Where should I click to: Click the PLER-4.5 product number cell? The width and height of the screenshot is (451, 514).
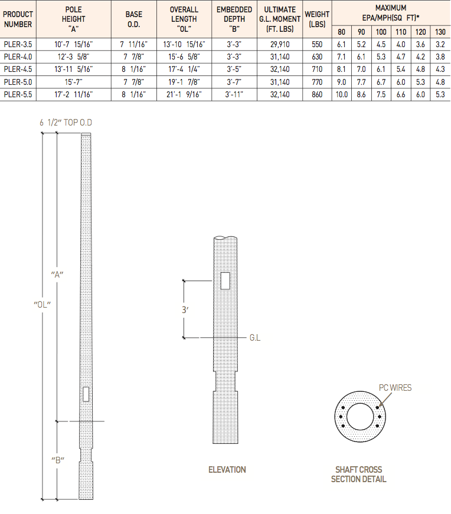[18, 69]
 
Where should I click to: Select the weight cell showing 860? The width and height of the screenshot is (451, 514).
[317, 94]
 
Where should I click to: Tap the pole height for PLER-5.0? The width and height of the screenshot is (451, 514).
[74, 82]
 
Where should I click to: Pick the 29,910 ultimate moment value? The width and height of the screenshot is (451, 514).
[280, 44]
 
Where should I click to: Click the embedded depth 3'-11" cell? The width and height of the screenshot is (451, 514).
[234, 94]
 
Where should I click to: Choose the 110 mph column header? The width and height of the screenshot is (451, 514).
[401, 32]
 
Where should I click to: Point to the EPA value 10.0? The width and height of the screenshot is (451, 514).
[342, 94]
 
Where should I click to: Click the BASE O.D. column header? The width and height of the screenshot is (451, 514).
[134, 19]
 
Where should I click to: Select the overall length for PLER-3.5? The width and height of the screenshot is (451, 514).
[184, 44]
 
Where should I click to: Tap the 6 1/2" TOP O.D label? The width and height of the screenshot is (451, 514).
[66, 123]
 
